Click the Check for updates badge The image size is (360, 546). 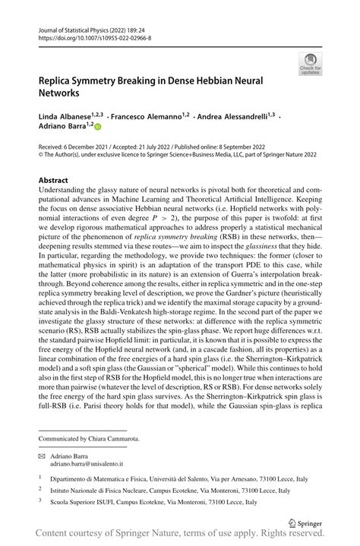tap(310, 65)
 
